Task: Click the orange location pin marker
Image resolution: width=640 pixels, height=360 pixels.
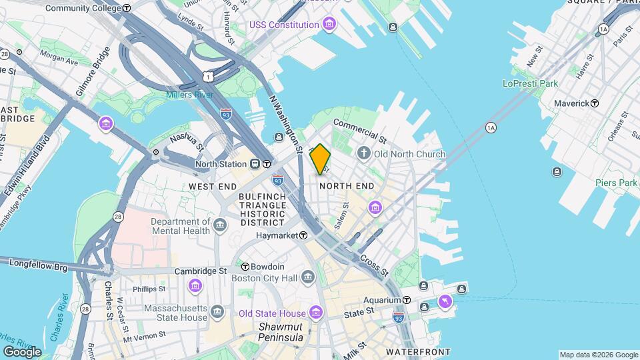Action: (320, 159)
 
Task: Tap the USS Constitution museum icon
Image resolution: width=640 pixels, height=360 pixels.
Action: (328, 25)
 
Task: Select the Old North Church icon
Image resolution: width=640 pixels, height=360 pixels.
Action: (364, 154)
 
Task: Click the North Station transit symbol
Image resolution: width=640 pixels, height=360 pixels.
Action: (266, 164)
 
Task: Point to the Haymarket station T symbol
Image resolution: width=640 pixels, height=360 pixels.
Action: (303, 235)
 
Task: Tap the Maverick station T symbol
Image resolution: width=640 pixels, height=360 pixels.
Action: (595, 103)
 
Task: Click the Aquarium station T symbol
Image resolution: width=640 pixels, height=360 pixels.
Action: (407, 301)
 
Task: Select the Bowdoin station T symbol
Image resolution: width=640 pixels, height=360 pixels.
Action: (245, 267)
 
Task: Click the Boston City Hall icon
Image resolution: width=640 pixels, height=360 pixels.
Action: (307, 276)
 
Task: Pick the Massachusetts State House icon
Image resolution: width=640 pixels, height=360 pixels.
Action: (217, 312)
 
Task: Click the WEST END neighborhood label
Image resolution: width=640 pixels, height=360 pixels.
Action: (212, 186)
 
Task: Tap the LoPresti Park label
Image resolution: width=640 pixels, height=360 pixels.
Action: (530, 83)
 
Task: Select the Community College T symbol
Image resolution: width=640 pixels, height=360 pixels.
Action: (127, 7)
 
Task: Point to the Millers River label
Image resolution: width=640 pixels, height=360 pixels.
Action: (190, 95)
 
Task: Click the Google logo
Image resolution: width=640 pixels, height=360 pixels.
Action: (22, 351)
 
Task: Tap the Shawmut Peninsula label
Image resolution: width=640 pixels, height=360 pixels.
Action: (281, 332)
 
